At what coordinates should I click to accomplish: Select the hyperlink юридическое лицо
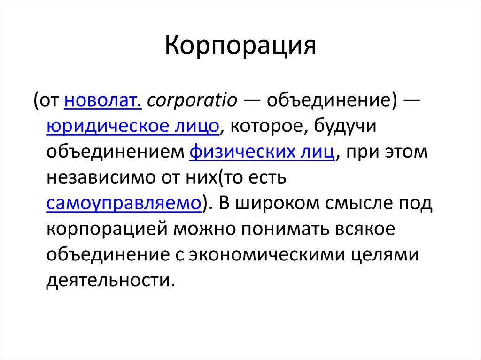pyautogui.click(x=133, y=127)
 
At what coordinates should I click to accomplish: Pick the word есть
pyautogui.click(x=269, y=178)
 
